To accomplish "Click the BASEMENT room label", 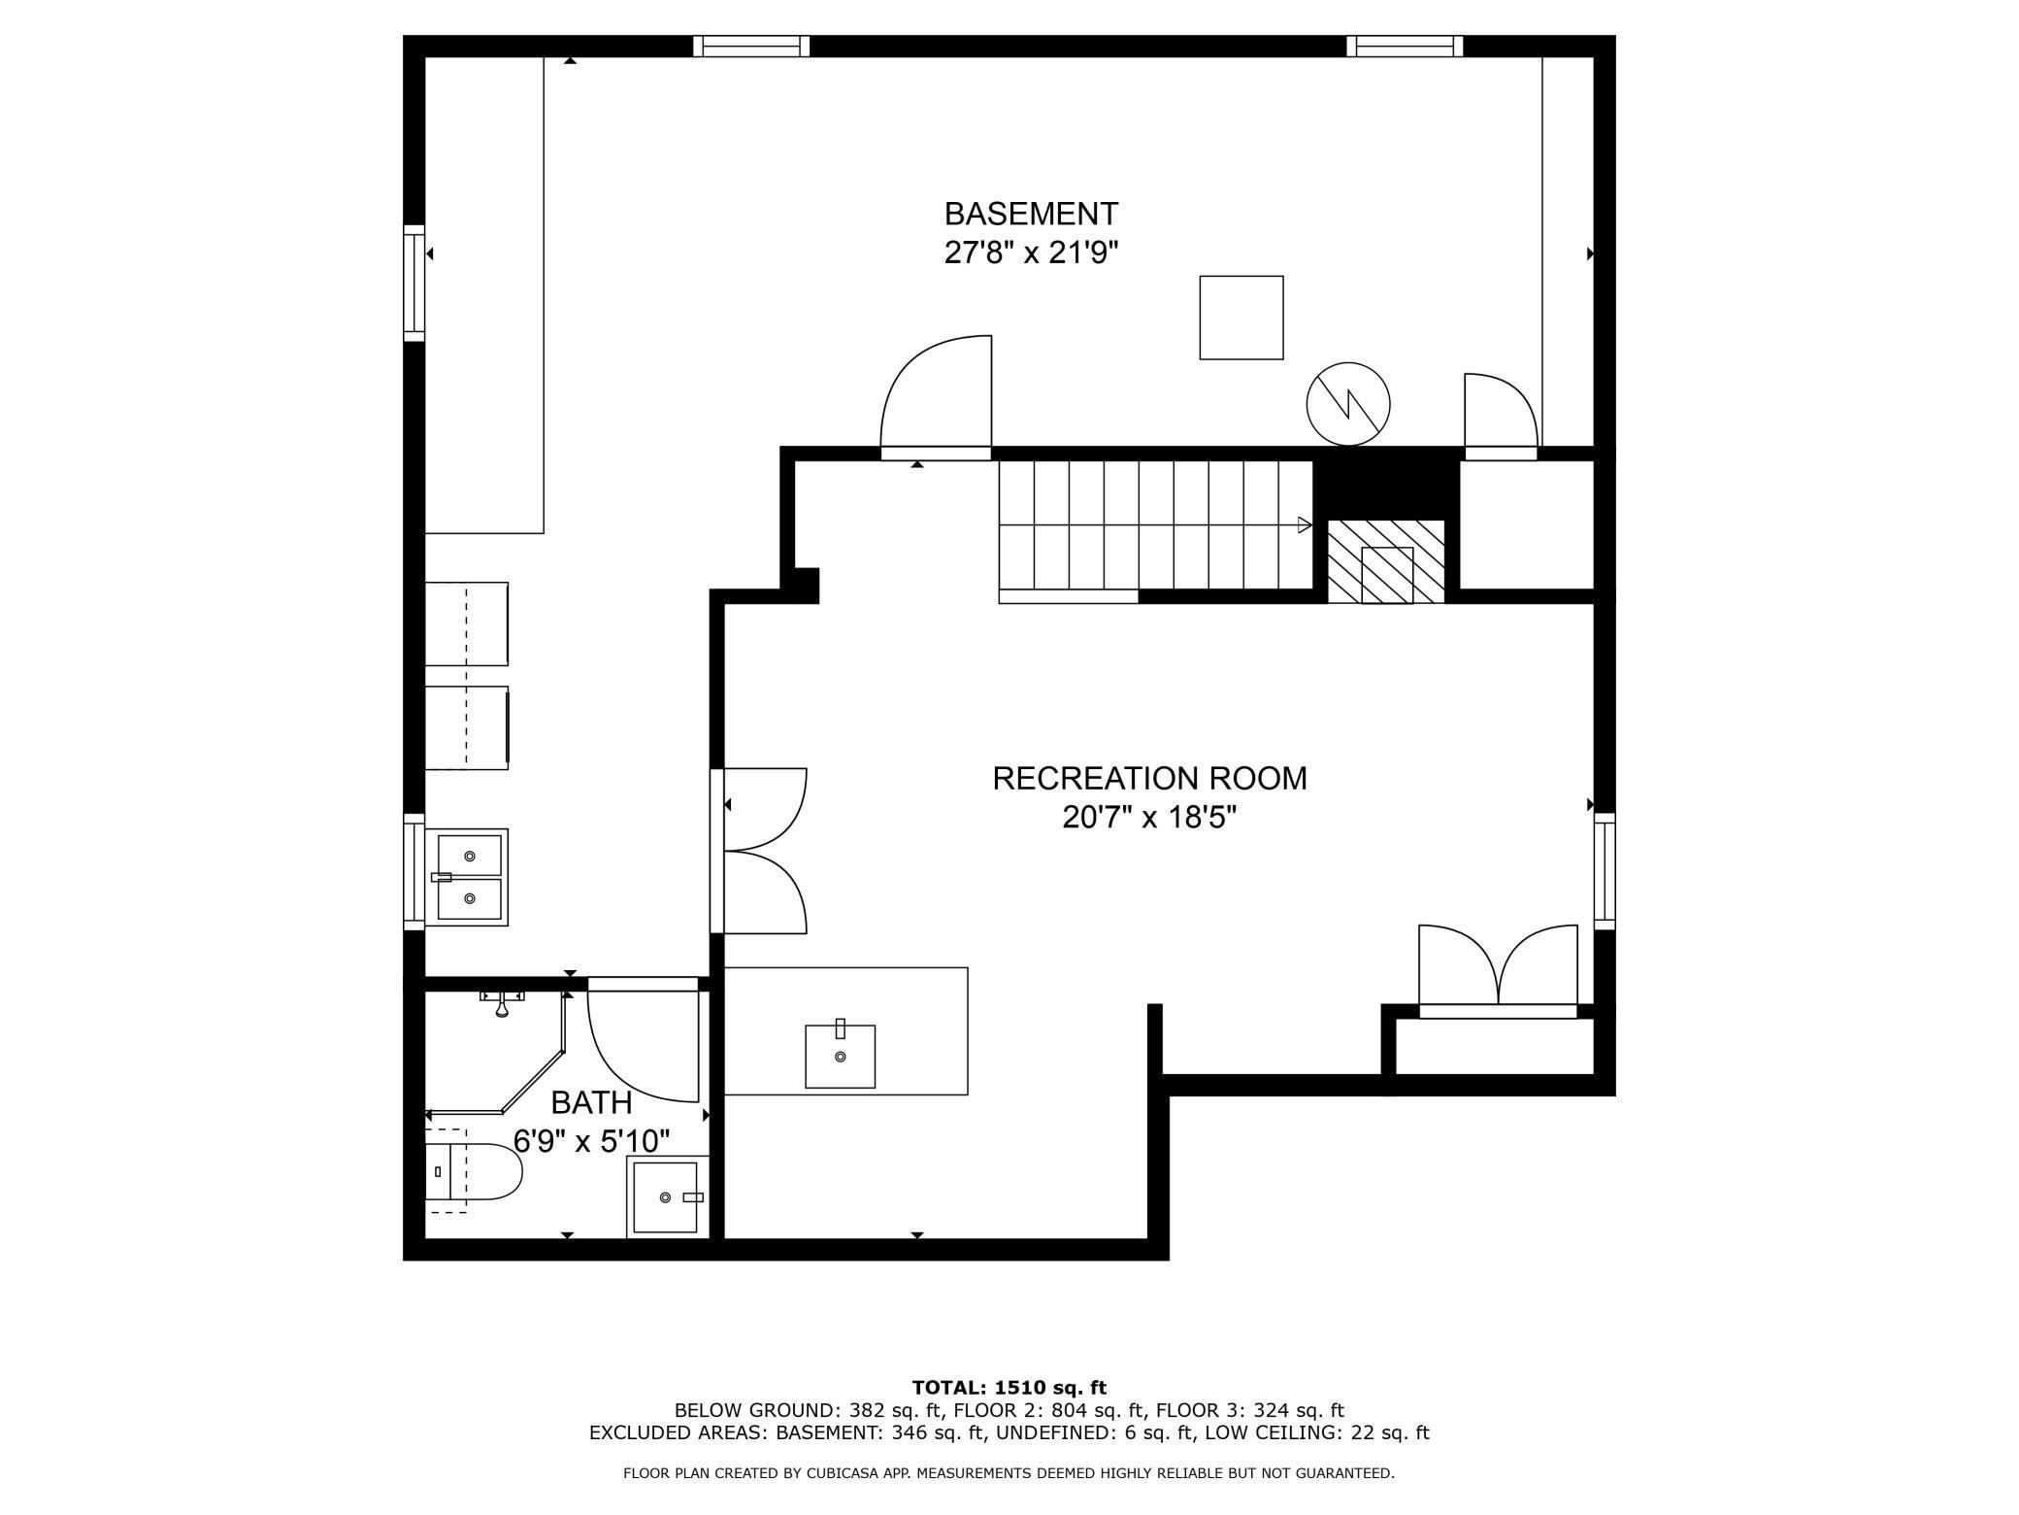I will point(1031,214).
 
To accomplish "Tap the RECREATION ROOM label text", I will point(1149,778).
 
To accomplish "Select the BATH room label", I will point(591,1102).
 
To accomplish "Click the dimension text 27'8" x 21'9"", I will point(1031,253).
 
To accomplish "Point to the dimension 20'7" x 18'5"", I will point(1149,818).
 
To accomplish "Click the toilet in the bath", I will point(476,1172).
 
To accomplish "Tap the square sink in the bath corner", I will point(665,1196).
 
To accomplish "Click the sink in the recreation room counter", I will point(840,1055).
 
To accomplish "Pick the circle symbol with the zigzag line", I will point(1347,404).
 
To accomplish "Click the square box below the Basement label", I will point(1241,318).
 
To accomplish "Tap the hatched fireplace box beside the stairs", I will point(1386,561).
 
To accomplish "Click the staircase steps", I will point(1155,524).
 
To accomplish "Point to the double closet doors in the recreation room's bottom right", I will point(1498,968).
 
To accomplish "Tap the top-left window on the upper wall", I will point(750,46).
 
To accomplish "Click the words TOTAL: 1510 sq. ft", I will point(1009,1388).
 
